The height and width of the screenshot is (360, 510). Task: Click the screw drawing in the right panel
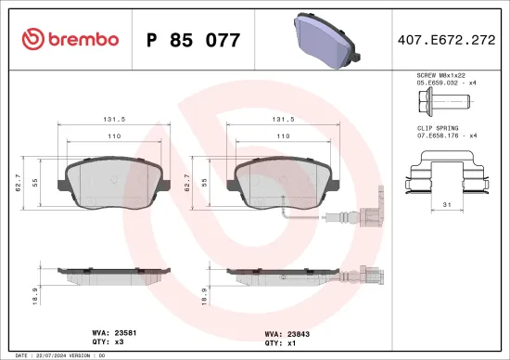(449, 99)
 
